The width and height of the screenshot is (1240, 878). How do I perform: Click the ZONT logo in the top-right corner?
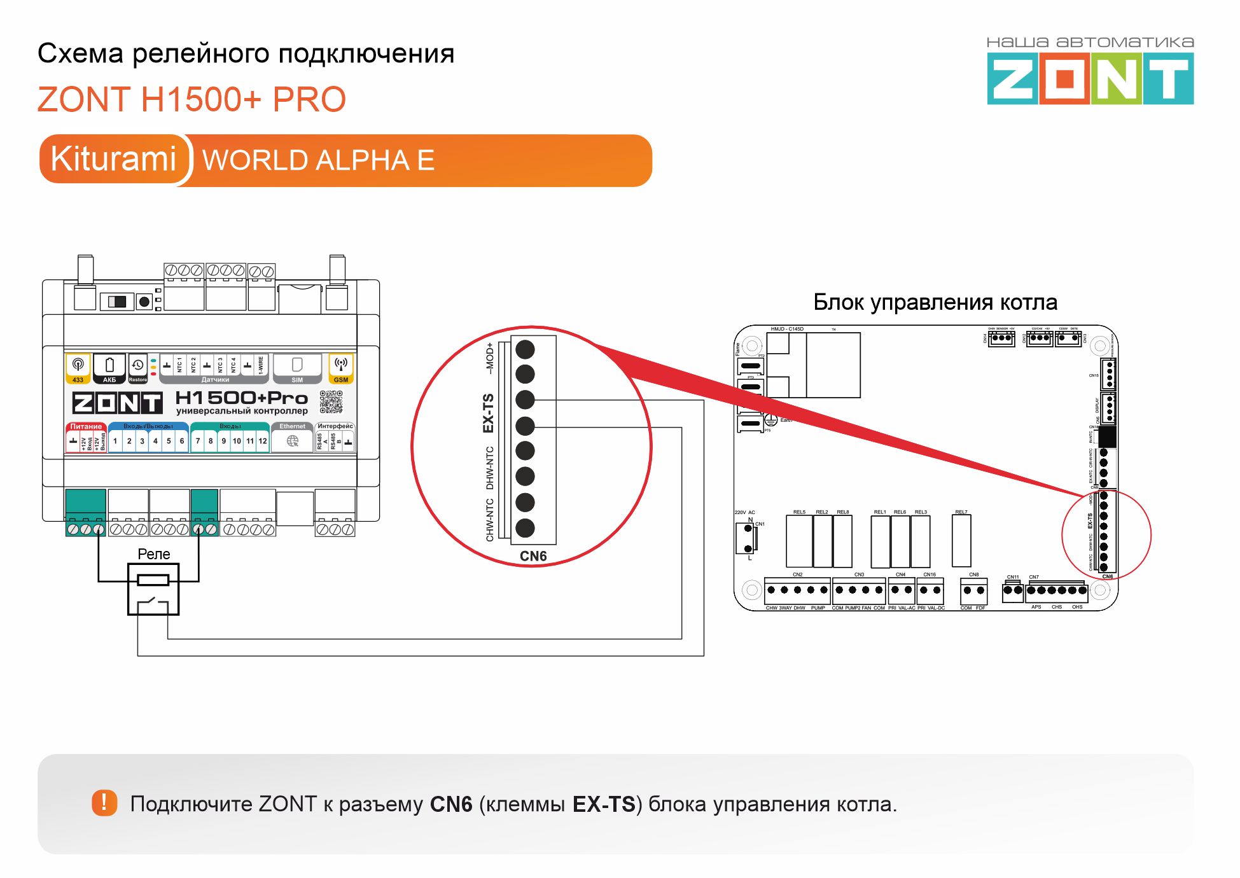coord(1090,78)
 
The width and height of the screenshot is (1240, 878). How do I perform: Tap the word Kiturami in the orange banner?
coord(113,159)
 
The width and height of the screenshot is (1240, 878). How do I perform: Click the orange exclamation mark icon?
coord(104,803)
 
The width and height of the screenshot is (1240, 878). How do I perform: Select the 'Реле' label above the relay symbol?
coord(154,554)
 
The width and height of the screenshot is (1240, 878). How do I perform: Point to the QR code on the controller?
coord(331,401)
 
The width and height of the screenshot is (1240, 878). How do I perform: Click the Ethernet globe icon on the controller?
coord(293,441)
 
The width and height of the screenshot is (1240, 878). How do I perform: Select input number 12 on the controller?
coord(263,441)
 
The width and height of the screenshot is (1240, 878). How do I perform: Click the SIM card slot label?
coord(297,380)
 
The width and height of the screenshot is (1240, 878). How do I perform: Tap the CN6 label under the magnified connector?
coord(533,556)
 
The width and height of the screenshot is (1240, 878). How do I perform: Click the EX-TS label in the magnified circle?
coord(489,414)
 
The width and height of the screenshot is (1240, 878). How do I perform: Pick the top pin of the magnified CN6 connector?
coord(525,349)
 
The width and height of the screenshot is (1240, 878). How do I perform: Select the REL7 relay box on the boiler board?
coord(961,541)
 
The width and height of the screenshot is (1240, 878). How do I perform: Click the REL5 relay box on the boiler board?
coord(799,541)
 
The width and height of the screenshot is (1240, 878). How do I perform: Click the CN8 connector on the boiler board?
coord(973,590)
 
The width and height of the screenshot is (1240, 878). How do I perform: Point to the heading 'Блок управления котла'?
coord(935,302)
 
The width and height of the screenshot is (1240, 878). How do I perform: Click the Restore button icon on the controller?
coord(137,366)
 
